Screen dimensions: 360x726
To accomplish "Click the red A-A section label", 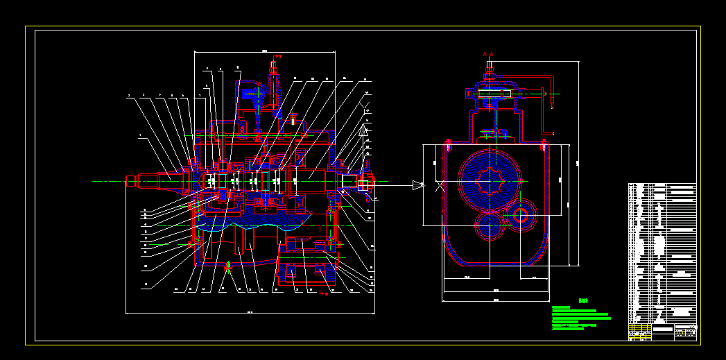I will [x=488, y=53].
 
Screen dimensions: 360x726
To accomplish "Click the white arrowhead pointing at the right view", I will [x=417, y=185].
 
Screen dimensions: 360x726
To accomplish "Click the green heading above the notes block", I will [x=583, y=301].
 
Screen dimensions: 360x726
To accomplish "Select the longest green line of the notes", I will [x=581, y=318].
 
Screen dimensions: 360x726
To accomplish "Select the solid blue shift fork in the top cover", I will [x=251, y=94].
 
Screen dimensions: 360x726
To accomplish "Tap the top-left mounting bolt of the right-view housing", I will [x=448, y=145].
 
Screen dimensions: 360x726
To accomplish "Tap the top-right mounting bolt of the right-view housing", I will [x=544, y=145].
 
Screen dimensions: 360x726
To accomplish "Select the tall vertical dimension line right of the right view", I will [x=578, y=163].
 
